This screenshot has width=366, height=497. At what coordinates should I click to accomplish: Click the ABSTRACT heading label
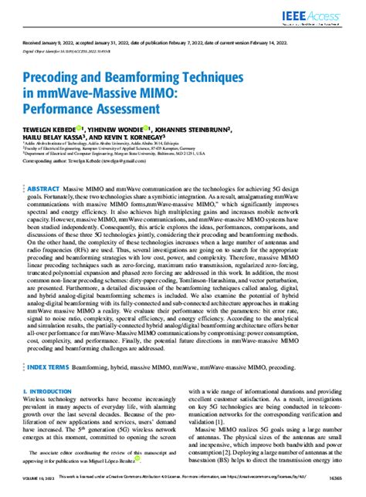click(x=43, y=188)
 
